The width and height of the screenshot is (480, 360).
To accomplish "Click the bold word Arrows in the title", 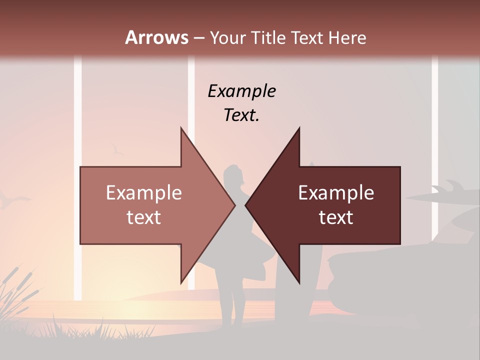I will (x=156, y=37).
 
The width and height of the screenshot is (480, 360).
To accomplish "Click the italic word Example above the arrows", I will (x=241, y=91).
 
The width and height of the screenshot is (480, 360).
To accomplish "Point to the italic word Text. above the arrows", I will (x=241, y=115).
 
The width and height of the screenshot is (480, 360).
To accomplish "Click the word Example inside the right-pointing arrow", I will (x=143, y=193).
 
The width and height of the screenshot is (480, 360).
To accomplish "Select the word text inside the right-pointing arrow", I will (x=143, y=217).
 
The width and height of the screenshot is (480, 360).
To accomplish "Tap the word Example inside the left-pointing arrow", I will (x=336, y=193).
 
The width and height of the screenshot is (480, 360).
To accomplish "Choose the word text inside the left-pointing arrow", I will (x=336, y=217).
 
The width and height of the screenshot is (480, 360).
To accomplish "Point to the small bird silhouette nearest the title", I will (x=117, y=148).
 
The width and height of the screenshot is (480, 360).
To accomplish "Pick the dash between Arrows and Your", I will (x=198, y=37).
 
